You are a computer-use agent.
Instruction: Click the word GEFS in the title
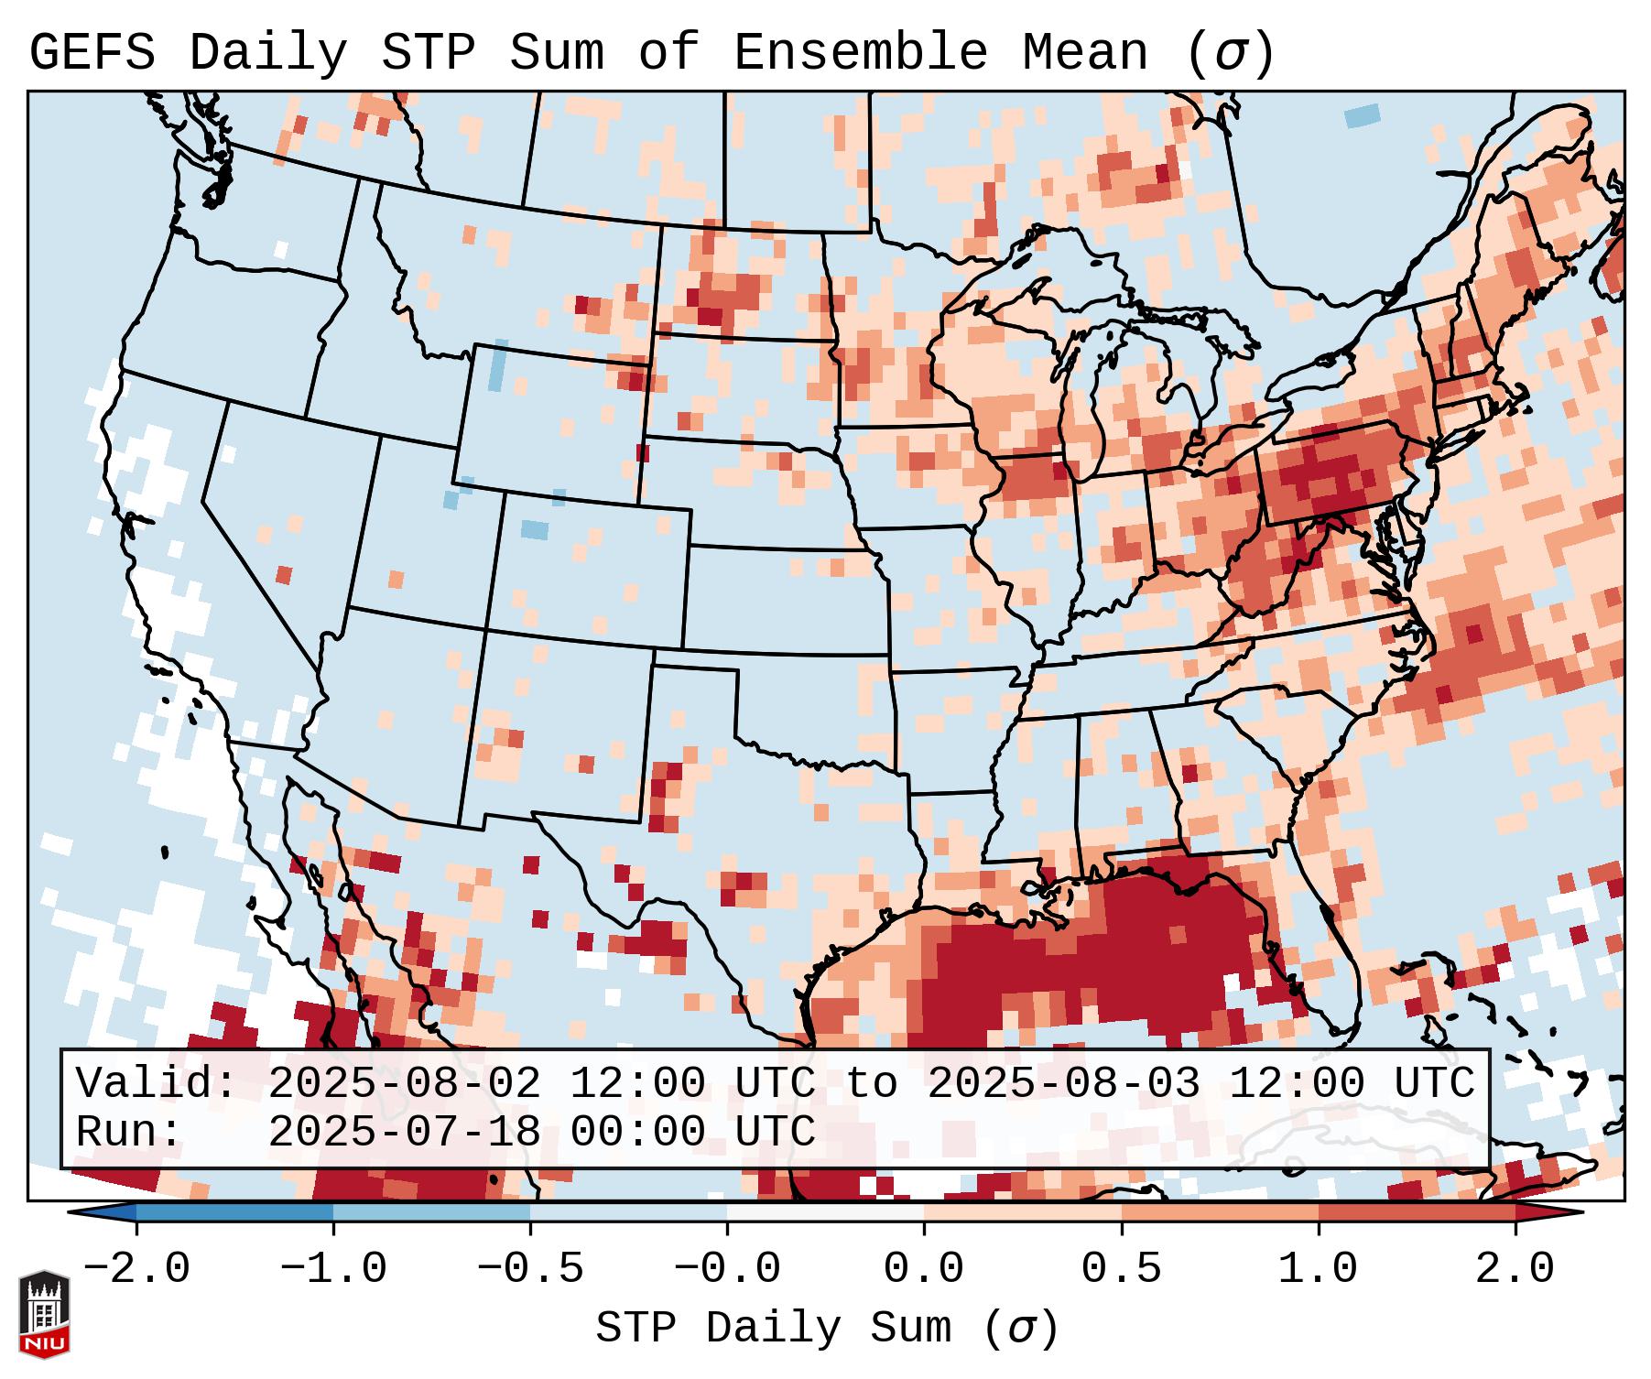92,52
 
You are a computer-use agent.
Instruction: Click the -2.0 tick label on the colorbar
136,1269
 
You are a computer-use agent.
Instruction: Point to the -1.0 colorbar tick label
333,1269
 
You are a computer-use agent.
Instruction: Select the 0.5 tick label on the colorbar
1122,1269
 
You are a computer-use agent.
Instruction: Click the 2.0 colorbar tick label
1515,1269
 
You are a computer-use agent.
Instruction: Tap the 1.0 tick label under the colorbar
1319,1269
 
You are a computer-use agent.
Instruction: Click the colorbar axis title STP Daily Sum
773,1328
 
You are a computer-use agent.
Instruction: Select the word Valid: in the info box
157,1084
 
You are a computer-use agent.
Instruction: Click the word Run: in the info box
129,1133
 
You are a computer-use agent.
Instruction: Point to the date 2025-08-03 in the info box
1063,1084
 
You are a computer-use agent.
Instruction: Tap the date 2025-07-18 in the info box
404,1133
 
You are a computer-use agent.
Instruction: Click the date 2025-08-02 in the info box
404,1084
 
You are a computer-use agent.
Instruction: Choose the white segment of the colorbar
825,1212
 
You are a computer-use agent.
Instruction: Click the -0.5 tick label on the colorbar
530,1269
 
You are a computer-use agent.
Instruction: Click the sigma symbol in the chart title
1230,52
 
